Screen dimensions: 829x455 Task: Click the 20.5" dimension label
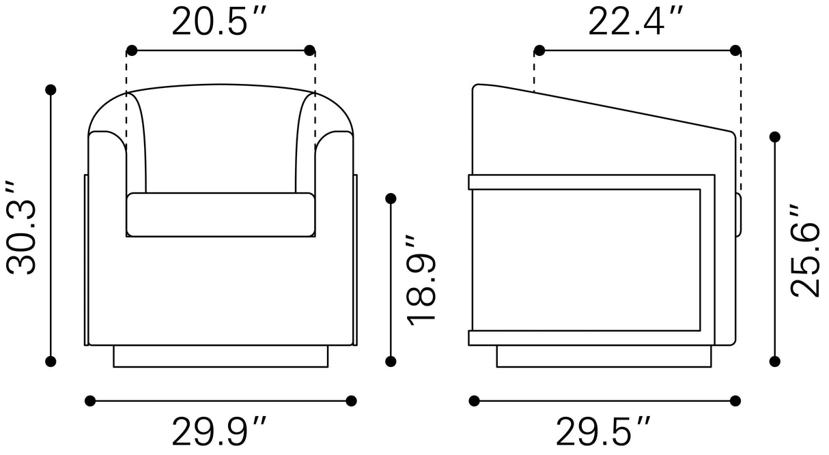pyautogui.click(x=219, y=22)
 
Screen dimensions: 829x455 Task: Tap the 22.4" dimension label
pyautogui.click(x=636, y=22)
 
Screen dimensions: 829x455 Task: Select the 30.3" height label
pyautogui.click(x=21, y=228)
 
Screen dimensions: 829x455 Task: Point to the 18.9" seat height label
pyautogui.click(x=421, y=280)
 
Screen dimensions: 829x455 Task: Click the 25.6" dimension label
pyautogui.click(x=805, y=250)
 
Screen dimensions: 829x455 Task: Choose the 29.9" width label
pyautogui.click(x=219, y=431)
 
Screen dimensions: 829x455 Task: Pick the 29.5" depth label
pyautogui.click(x=603, y=431)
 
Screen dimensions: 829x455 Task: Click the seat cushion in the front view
pyautogui.click(x=221, y=215)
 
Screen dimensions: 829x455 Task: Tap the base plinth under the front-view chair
pyautogui.click(x=221, y=356)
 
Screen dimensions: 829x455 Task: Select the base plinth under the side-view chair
pyautogui.click(x=604, y=356)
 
